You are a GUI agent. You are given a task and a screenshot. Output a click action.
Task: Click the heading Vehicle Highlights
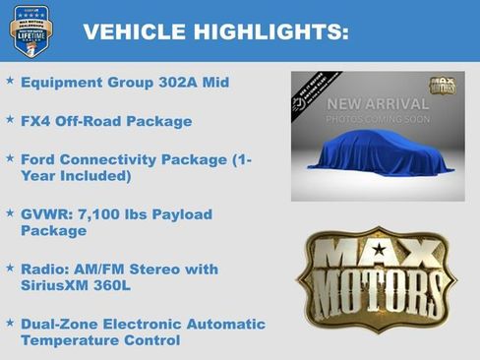tap(215, 31)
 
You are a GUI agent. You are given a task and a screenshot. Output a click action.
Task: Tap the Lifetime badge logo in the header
tap(30, 30)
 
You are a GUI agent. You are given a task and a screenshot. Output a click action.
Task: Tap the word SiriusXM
tap(60, 286)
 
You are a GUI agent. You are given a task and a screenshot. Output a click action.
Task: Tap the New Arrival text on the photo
tap(378, 104)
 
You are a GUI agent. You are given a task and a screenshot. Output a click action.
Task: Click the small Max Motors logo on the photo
tap(442, 87)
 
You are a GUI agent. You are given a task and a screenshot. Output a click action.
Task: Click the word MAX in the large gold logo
tap(378, 254)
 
